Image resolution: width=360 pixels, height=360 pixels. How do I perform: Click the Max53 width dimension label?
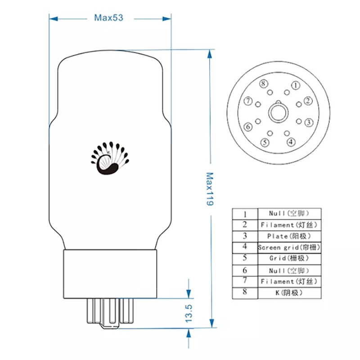click(108, 18)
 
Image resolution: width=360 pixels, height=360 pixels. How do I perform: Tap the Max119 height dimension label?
click(210, 189)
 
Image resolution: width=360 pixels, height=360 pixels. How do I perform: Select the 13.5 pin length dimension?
click(189, 313)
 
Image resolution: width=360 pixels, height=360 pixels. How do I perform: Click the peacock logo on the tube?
click(110, 158)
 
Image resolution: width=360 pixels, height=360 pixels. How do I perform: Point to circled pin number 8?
click(264, 84)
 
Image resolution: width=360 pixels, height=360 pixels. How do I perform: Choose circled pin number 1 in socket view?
click(296, 85)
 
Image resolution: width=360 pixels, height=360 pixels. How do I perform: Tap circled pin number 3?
click(309, 122)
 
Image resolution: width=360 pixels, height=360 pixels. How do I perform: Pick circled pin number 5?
click(265, 143)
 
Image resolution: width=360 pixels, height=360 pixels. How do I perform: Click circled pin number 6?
click(248, 127)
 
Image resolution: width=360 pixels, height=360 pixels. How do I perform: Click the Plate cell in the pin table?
click(289, 236)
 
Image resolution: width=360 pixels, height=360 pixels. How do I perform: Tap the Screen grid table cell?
click(289, 247)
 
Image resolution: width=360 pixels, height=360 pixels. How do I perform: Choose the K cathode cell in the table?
click(289, 293)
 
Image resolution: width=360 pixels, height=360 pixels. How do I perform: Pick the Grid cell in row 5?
click(289, 259)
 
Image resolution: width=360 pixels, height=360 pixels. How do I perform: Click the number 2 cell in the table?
click(245, 225)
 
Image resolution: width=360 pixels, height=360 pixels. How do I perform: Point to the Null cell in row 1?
click(289, 214)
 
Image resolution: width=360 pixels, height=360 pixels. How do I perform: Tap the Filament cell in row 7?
click(289, 282)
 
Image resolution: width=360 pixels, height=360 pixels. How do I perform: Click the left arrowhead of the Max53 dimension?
click(53, 18)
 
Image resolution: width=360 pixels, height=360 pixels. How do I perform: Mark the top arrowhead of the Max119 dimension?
click(210, 54)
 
